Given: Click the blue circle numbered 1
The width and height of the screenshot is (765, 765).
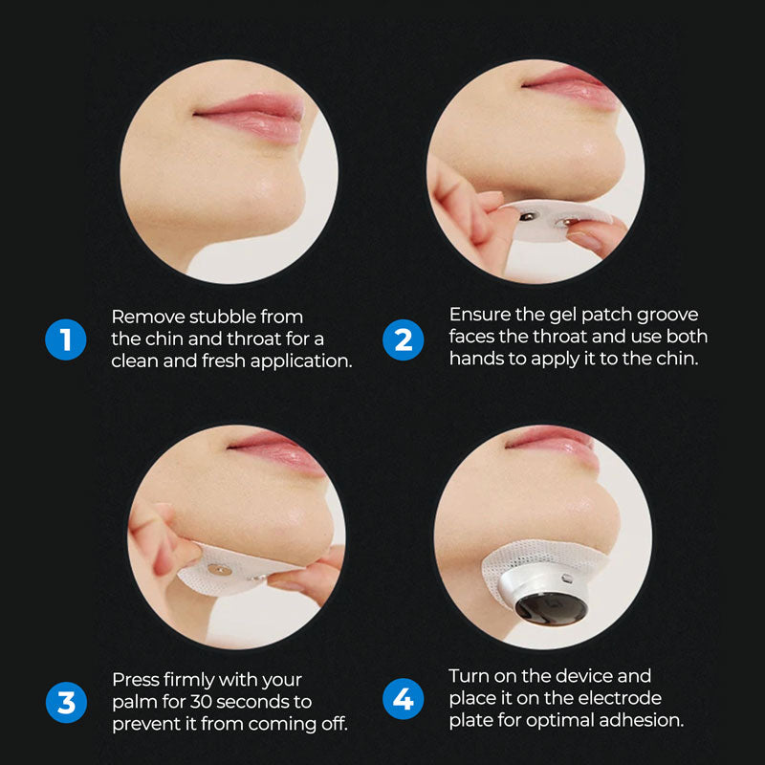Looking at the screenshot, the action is click(65, 339).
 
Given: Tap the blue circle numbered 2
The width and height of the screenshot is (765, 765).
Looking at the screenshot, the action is click(403, 339).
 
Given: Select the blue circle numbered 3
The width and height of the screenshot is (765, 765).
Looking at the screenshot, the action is click(66, 703).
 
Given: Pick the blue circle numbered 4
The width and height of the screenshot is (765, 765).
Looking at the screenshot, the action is click(403, 699).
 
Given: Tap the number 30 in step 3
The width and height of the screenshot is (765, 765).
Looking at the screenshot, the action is click(201, 702).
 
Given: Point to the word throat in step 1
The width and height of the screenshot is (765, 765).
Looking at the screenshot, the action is click(253, 339).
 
